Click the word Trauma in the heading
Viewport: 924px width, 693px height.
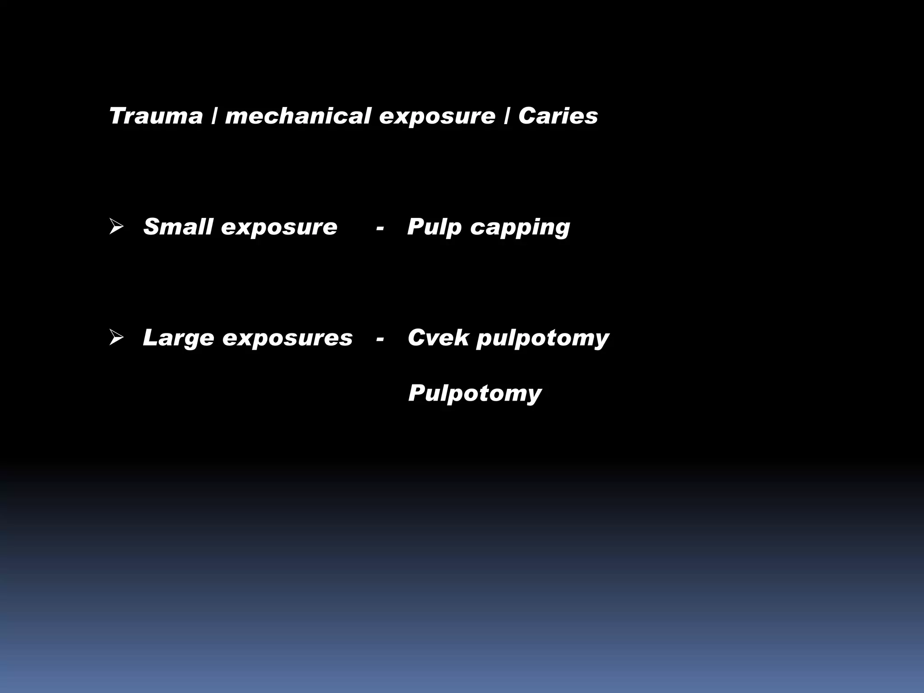(156, 116)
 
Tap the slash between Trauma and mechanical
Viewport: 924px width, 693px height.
(214, 116)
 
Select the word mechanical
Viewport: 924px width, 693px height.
(298, 116)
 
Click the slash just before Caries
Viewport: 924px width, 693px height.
(507, 116)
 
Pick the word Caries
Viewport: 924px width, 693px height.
(558, 116)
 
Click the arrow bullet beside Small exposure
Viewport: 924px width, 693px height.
(116, 227)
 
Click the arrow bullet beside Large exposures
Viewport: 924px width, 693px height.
(116, 338)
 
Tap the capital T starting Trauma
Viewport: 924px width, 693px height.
(118, 116)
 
